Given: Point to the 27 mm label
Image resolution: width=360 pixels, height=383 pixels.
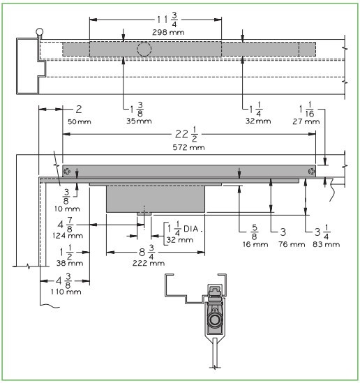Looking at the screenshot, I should (306, 121).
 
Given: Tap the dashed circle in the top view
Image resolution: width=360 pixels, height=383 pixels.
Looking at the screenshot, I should (145, 50).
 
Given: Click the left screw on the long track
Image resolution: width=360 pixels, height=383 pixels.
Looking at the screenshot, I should (67, 172).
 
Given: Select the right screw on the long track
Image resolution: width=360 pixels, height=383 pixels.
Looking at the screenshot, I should (311, 172).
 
